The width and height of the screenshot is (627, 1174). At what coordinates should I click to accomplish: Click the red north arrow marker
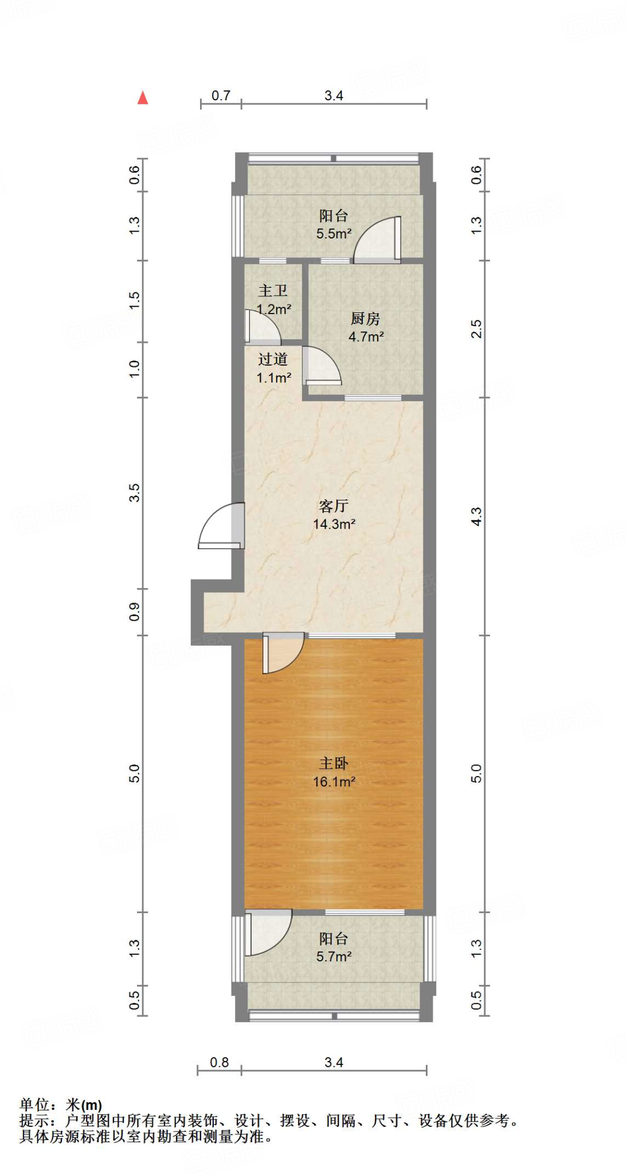pos(143,98)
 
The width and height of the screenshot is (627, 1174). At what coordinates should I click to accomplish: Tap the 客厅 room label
pos(334,506)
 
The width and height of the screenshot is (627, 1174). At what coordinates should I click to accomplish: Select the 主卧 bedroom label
pos(334,763)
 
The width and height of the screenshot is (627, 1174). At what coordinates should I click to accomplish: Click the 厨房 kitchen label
pos(366,319)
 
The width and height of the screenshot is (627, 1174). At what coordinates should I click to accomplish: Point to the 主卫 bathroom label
pos(273,291)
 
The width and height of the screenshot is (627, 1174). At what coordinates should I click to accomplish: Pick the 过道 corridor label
pos(273,359)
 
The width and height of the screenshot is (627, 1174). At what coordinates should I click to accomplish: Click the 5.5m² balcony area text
pos(334,234)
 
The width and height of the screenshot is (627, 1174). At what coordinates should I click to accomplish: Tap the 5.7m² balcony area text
pos(334,956)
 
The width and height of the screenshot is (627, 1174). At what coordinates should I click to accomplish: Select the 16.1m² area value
pos(334,781)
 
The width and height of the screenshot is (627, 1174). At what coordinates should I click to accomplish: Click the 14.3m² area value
pos(334,524)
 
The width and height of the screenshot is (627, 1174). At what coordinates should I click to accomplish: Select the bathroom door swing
pos(261,328)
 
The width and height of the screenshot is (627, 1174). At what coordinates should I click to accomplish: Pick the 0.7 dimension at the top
pos(221,96)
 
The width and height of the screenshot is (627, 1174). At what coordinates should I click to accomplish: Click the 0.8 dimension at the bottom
pos(219,1062)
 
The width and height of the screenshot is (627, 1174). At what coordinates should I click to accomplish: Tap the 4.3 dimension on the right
pos(476,516)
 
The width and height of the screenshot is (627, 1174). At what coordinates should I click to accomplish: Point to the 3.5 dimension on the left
pos(134,493)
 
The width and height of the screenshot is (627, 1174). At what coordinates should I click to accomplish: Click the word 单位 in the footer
pos(34,1105)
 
